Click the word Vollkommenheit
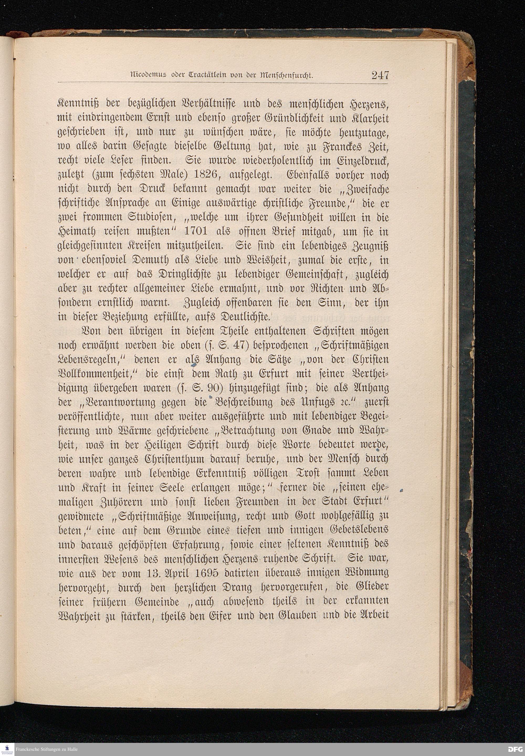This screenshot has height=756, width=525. [98, 374]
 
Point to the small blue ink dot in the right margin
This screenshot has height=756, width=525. [402, 491]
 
